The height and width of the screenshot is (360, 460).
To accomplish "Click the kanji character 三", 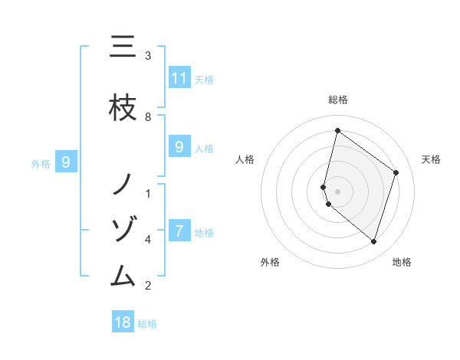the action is click(123, 47).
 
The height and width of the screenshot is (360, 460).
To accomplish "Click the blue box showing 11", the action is click(179, 77).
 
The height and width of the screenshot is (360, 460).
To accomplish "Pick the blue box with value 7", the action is click(179, 231).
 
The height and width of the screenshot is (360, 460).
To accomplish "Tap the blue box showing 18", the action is click(123, 322).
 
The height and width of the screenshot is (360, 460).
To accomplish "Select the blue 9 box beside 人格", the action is click(179, 147).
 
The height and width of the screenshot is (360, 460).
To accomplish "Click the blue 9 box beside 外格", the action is click(66, 162).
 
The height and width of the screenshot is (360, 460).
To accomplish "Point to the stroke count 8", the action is click(148, 116).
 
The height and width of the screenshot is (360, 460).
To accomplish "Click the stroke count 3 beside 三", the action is click(148, 56).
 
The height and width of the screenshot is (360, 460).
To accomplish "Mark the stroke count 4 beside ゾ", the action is click(148, 239).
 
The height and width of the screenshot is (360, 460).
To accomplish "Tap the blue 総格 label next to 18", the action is click(147, 324).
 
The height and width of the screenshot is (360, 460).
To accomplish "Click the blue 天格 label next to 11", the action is click(204, 79).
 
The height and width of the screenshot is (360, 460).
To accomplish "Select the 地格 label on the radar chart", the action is click(402, 262).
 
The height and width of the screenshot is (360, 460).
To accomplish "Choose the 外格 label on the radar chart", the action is click(270, 262).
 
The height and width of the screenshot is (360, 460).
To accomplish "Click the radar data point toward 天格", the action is click(396, 172).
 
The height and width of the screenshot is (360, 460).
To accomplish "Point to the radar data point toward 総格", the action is click(337, 130).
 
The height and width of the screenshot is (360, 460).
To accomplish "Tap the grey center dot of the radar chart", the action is click(337, 191).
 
